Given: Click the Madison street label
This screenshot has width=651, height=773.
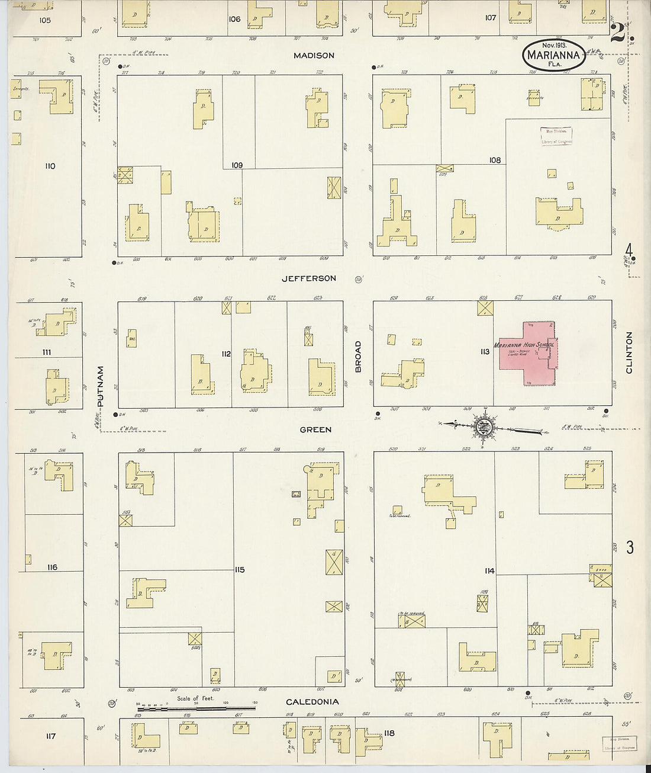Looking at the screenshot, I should coord(314,55).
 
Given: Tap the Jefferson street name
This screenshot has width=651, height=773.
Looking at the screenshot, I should coord(308,278).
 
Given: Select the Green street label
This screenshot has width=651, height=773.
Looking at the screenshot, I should coord(315,429).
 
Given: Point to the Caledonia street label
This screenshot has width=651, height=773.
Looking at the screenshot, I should coord(312,702).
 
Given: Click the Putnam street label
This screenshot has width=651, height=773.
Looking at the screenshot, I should coord(100,386).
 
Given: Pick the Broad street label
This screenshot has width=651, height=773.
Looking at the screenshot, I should coord(358,357).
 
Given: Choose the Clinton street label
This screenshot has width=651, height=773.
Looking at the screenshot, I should coord(629,352).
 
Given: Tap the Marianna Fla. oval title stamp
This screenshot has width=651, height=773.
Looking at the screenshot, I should coord(554,56).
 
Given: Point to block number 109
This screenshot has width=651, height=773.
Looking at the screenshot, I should coord(237,165).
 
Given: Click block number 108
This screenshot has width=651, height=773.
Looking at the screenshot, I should coord(495,160).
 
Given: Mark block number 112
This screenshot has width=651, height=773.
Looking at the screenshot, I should coord(225,354).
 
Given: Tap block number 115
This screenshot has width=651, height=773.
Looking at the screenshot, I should coord(239,570).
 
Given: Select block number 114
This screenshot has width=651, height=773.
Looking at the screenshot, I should coord(489,571).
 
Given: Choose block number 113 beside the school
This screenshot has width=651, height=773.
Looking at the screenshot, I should coord(485,351).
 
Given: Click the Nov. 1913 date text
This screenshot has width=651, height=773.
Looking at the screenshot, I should coord(554,45).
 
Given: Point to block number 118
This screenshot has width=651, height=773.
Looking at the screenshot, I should coord(389,733).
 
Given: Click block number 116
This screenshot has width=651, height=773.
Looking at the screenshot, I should coord(52,567).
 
